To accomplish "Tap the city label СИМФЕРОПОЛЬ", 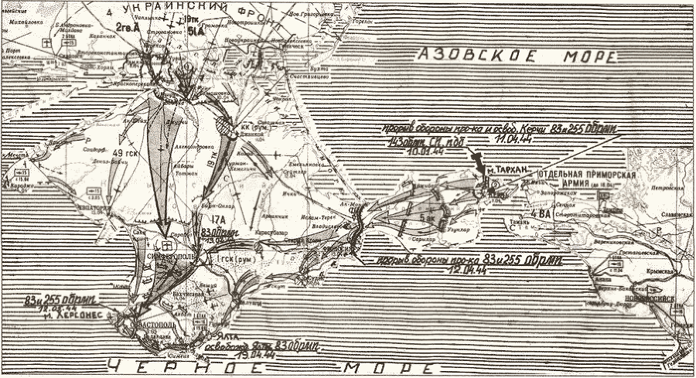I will click(x=172, y=254).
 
